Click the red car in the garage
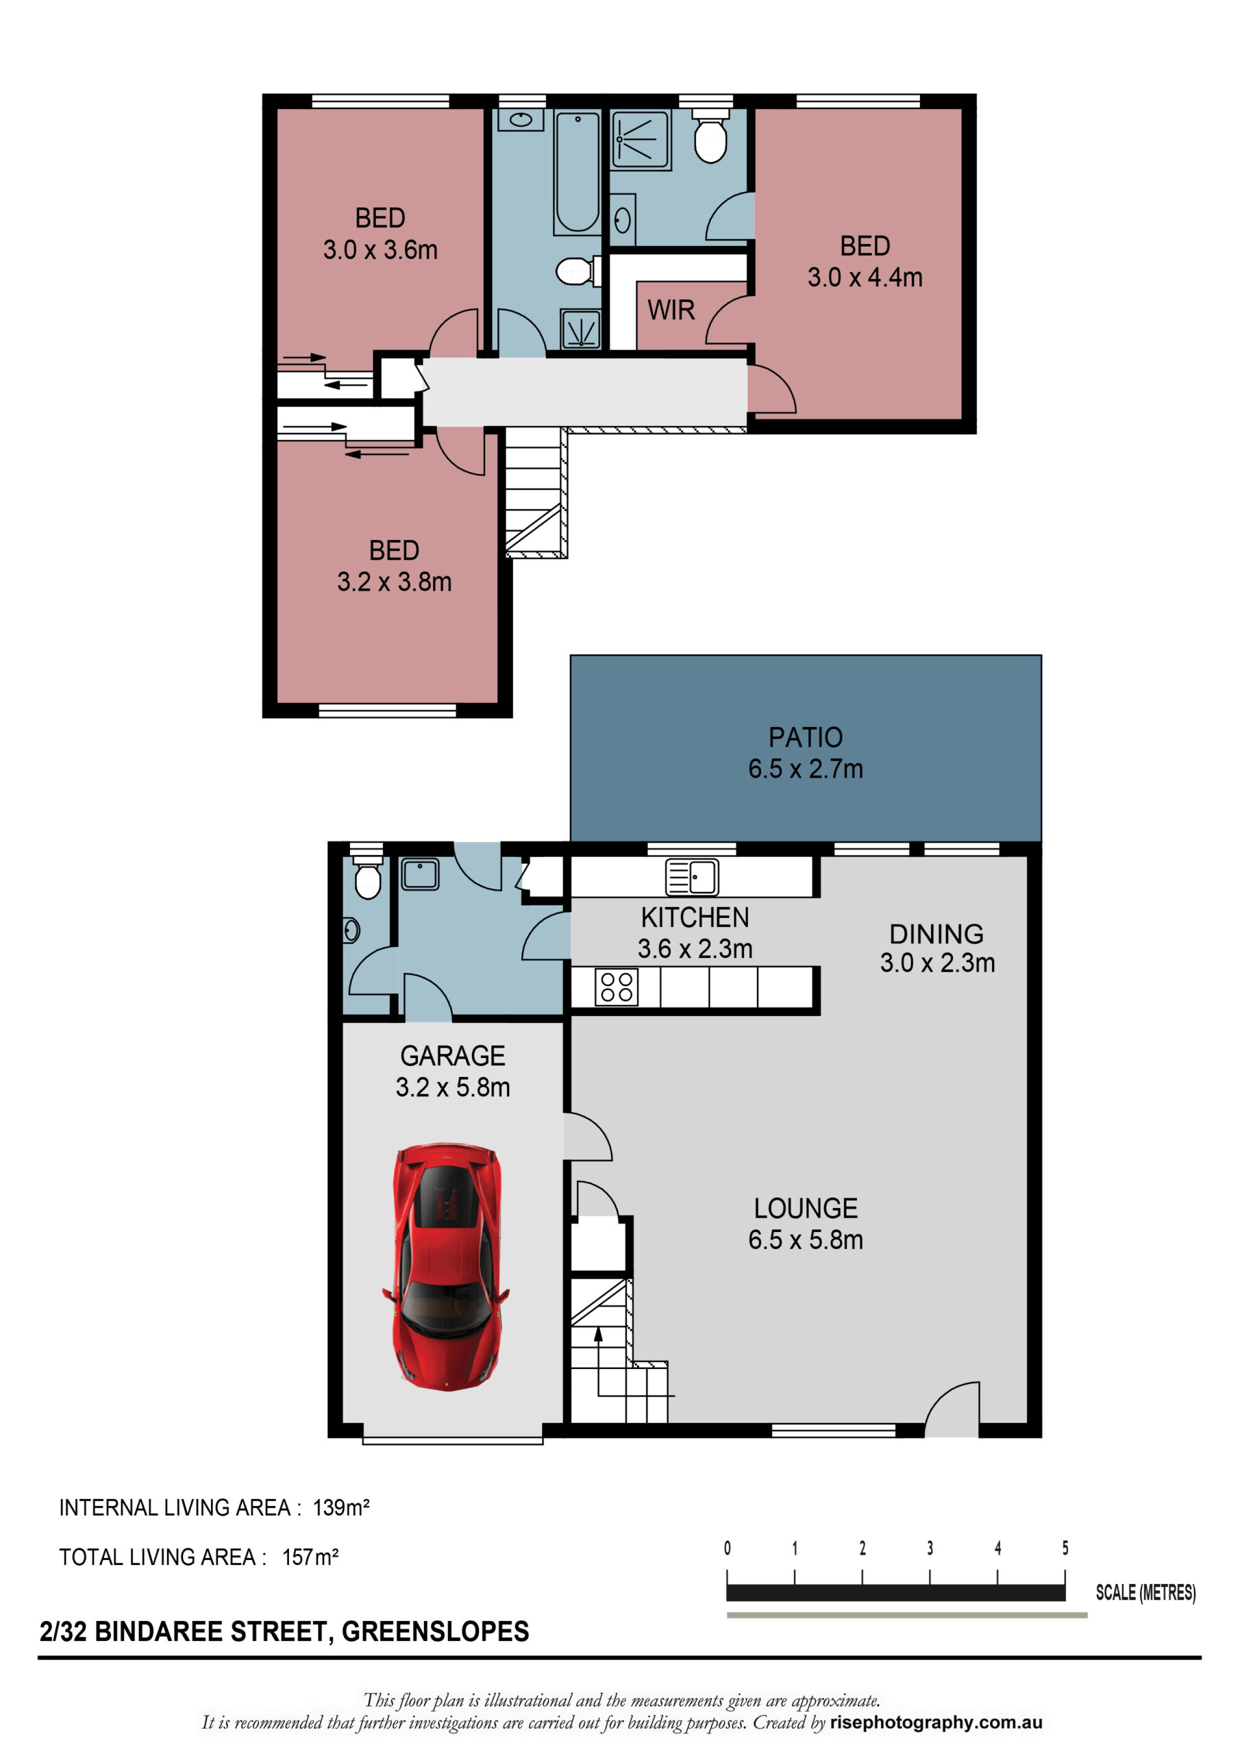[x=446, y=1266]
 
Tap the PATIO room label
[x=805, y=737]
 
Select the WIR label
[x=671, y=310]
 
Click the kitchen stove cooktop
[x=617, y=986]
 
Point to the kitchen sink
[x=691, y=876]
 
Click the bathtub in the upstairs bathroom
[x=577, y=172]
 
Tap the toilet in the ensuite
[x=710, y=135]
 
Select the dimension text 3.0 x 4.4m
[x=865, y=277]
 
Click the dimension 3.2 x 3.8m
[x=394, y=582]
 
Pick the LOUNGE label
[x=805, y=1208]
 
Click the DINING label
[x=936, y=934]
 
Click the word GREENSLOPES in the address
[x=435, y=1631]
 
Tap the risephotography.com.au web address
[x=936, y=1722]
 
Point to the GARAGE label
[x=452, y=1056]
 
